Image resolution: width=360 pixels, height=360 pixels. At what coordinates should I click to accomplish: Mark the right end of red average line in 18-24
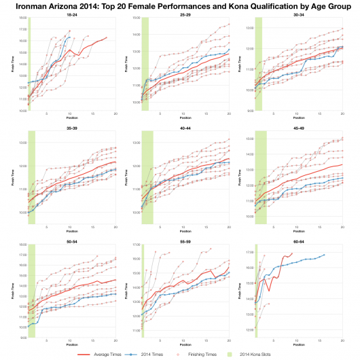click(107, 37)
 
